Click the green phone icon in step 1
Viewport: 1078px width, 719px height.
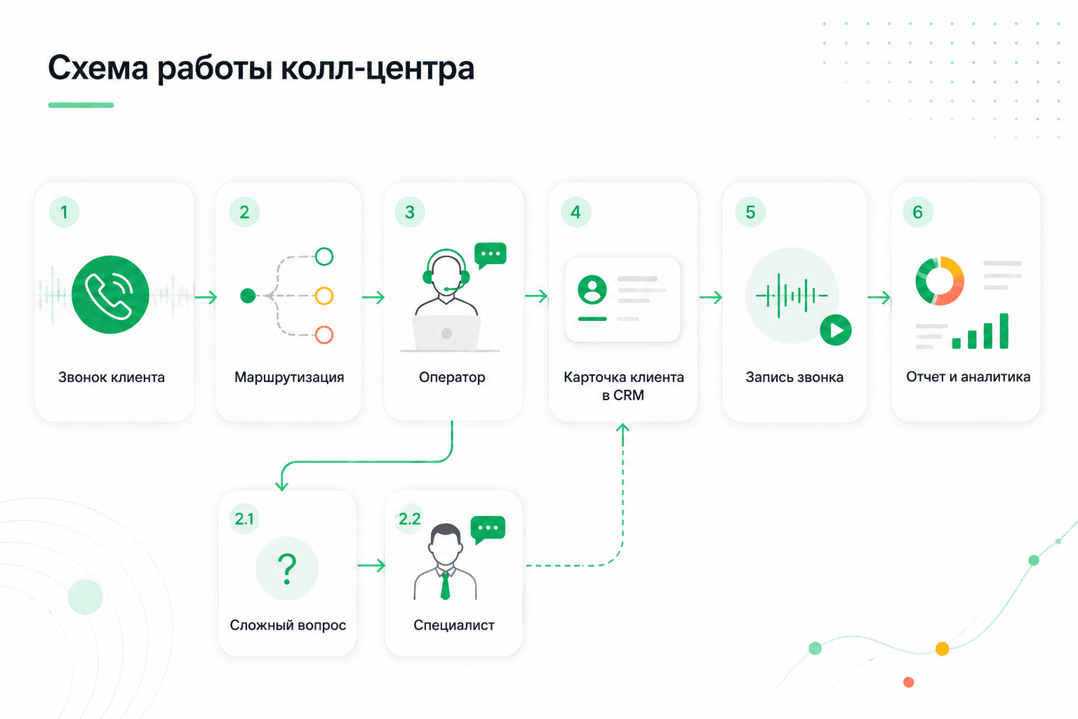pyautogui.click(x=110, y=294)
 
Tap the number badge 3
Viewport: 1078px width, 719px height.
pyautogui.click(x=410, y=212)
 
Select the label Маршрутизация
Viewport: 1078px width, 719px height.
pyautogui.click(x=289, y=377)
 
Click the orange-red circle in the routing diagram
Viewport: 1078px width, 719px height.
pyautogui.click(x=324, y=335)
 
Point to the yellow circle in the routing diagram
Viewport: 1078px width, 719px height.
pyautogui.click(x=324, y=296)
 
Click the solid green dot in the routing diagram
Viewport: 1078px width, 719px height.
pyautogui.click(x=248, y=296)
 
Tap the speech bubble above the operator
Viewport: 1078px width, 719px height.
pyautogui.click(x=490, y=255)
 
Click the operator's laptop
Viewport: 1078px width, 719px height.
pyautogui.click(x=446, y=334)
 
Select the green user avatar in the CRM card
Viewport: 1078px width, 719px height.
pyautogui.click(x=592, y=289)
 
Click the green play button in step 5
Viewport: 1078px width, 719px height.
pyautogui.click(x=836, y=330)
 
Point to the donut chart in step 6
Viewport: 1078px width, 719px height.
pyautogui.click(x=940, y=281)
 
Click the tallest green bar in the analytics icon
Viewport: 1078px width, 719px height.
pyautogui.click(x=1004, y=331)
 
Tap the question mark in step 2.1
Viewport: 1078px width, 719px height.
pyautogui.click(x=287, y=569)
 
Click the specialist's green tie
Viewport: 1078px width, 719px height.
pyautogui.click(x=445, y=586)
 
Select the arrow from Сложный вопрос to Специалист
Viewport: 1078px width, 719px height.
pyautogui.click(x=371, y=565)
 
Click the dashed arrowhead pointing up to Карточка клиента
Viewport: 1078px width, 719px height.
pyautogui.click(x=623, y=428)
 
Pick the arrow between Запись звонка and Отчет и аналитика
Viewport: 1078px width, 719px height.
pyautogui.click(x=879, y=297)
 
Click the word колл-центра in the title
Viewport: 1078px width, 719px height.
pyautogui.click(x=378, y=68)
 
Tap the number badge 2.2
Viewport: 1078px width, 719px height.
pyautogui.click(x=410, y=519)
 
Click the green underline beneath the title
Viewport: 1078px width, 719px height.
pyautogui.click(x=81, y=105)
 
